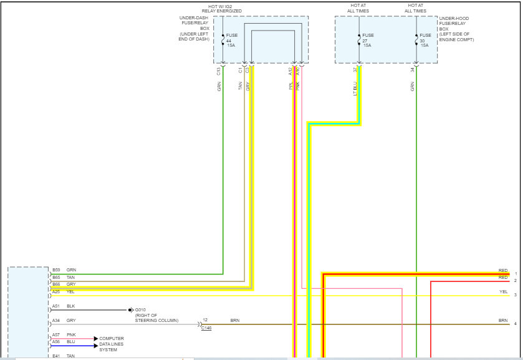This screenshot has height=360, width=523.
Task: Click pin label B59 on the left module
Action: pos(56,270)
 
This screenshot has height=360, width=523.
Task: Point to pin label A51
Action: pos(56,306)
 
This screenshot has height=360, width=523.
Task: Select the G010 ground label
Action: pos(140,309)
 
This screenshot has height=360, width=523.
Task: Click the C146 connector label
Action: pos(206,328)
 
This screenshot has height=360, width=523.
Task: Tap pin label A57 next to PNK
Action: pos(56,335)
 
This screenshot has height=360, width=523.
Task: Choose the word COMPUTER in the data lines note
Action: pos(112,338)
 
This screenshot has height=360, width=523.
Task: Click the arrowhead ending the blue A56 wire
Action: pos(96,345)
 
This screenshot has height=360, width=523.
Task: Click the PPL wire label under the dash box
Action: pos(290,87)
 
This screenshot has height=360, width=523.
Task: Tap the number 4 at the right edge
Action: pos(515,324)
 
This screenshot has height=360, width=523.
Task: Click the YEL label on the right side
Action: pos(503,291)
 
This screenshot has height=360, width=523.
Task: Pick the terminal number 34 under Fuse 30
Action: pos(412,70)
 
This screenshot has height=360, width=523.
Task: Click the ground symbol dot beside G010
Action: pos(130,309)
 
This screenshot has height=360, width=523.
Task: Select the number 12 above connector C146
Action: pos(204,320)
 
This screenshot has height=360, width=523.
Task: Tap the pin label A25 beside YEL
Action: pos(56,291)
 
